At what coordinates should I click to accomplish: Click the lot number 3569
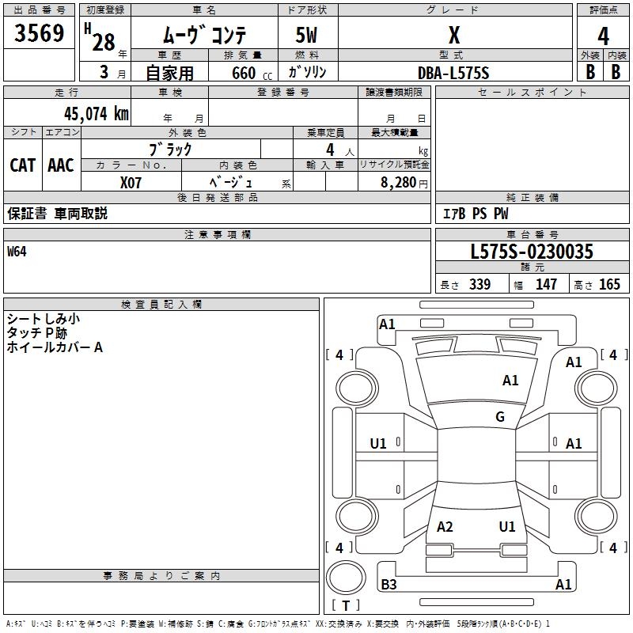click(x=40, y=34)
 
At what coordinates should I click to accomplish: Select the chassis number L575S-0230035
click(x=532, y=252)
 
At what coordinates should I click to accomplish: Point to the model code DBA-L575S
click(x=454, y=73)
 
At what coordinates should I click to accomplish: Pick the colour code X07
click(x=131, y=182)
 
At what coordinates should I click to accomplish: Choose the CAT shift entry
click(x=22, y=165)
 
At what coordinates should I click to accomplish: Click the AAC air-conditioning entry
click(x=60, y=165)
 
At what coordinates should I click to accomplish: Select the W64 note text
click(x=17, y=252)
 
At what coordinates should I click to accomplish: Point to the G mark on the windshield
click(x=500, y=417)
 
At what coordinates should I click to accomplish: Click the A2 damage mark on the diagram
click(x=445, y=527)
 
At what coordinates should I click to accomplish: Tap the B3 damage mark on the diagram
click(x=389, y=585)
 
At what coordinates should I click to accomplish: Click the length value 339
click(x=479, y=285)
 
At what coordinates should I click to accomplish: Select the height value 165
click(x=609, y=285)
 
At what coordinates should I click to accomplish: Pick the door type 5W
click(x=308, y=36)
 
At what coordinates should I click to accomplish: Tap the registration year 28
click(x=104, y=42)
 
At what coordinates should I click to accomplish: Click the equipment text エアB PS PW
click(x=475, y=214)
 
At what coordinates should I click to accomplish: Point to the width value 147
click(x=546, y=285)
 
